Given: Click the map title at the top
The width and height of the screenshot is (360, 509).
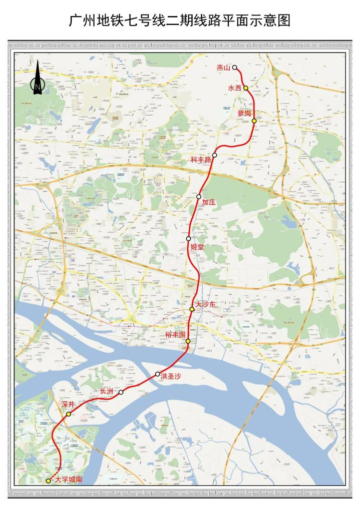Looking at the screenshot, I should coord(180,21).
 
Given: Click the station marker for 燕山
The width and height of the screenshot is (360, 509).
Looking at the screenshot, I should coord(234,67).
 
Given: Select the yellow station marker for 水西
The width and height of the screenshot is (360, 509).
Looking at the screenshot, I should coord(246,88).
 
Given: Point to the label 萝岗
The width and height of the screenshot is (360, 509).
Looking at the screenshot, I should coord(244,113).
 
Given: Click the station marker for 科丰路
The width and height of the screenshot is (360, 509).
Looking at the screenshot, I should coord(214,155).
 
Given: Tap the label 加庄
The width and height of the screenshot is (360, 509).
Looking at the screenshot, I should coord(209,203).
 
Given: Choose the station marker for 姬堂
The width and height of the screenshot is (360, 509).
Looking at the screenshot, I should coord(188,239).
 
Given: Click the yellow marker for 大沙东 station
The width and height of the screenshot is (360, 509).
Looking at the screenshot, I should coord(192,310).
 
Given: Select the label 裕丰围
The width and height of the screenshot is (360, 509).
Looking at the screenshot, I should coord(175,333).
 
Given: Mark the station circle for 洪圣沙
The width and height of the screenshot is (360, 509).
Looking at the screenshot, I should coord(158,374).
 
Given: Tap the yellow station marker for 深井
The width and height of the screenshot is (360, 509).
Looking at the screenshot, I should coord(68,414).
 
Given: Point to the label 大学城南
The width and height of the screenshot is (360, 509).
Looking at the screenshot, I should coord(69,479).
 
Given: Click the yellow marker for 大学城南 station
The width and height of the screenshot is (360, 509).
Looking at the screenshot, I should coord(48,481).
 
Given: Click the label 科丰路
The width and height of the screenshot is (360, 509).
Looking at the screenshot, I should coord(201,160).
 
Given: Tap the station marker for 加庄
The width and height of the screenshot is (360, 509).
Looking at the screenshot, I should coord(199,197).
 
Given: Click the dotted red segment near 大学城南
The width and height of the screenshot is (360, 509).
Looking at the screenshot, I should coord(56,473).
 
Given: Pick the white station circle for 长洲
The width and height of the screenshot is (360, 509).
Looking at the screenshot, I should coord(121,393).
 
